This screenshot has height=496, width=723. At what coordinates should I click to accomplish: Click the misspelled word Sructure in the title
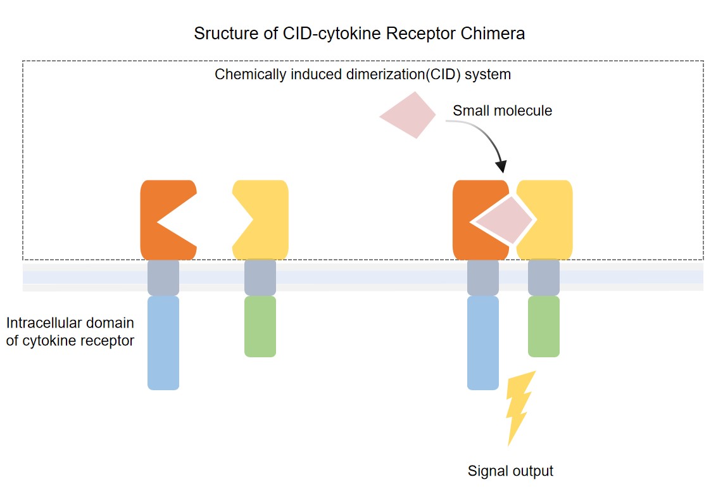(222, 34)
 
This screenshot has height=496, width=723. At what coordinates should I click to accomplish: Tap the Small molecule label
(502, 111)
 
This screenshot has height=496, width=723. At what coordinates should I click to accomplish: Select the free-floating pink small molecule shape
(410, 115)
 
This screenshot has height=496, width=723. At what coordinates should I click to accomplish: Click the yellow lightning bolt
(520, 405)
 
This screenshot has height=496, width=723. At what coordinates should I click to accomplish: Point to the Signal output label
(510, 471)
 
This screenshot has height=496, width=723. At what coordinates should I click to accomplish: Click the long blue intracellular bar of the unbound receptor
(163, 343)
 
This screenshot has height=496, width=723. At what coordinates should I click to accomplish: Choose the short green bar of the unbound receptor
(260, 326)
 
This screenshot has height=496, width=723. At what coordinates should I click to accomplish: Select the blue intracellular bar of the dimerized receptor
(483, 343)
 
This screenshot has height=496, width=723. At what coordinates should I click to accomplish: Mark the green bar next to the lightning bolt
(544, 326)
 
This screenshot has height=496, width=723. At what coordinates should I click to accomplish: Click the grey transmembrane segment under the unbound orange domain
(163, 277)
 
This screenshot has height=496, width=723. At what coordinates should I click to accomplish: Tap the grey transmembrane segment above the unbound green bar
(260, 277)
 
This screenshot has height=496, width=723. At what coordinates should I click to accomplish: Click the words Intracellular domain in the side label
(70, 323)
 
